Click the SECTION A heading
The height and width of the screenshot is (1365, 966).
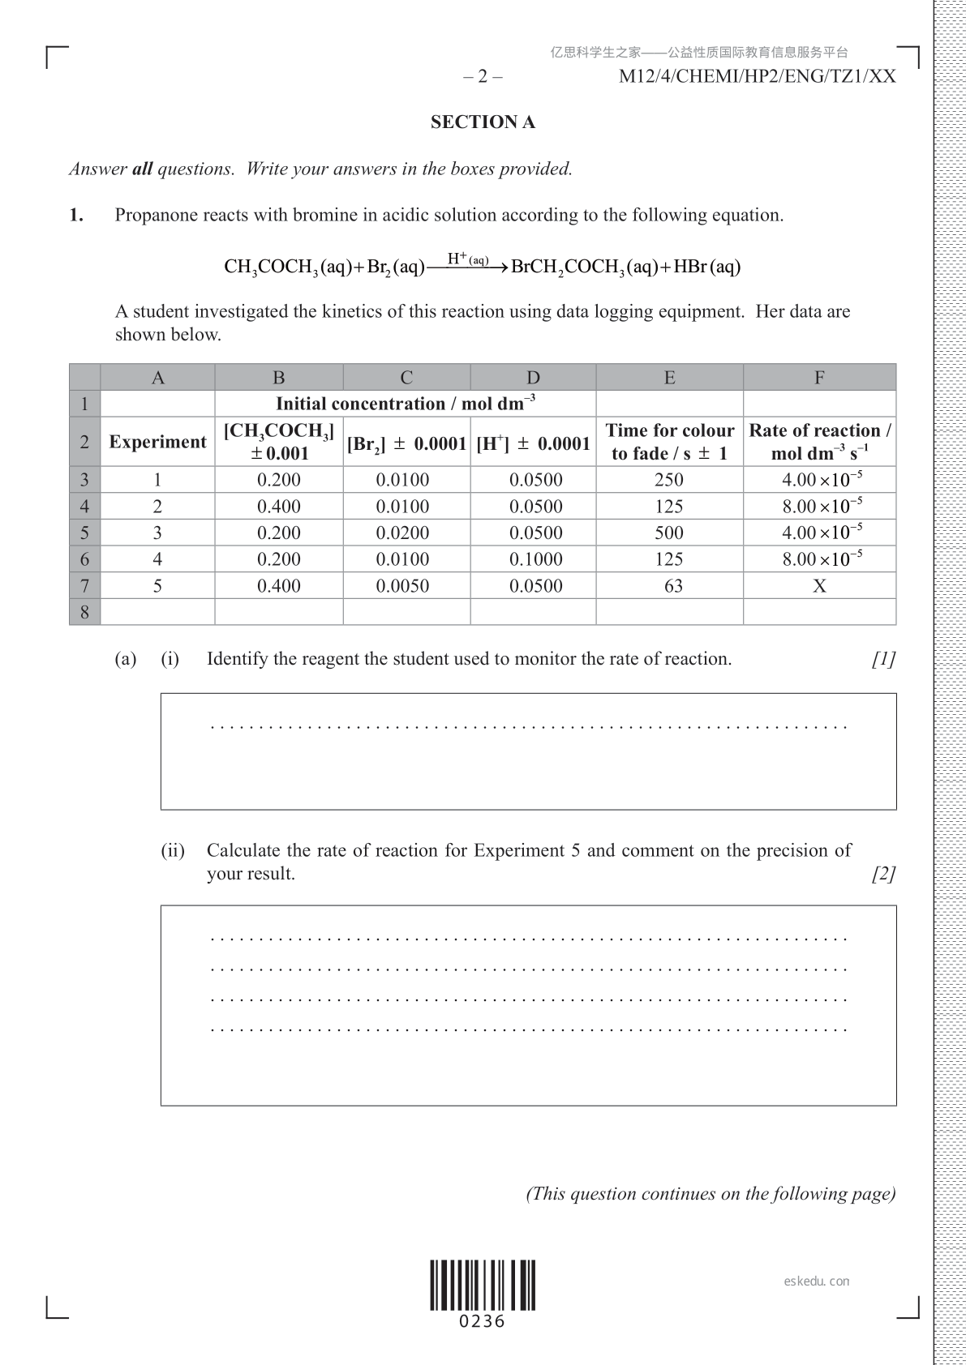click(483, 122)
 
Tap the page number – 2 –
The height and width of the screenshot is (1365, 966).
click(483, 77)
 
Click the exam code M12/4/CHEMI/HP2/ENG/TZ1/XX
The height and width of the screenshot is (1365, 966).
click(757, 77)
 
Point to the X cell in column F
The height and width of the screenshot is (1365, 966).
click(819, 586)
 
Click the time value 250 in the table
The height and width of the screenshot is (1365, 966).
click(669, 480)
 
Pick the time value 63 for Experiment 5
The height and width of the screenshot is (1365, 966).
click(673, 586)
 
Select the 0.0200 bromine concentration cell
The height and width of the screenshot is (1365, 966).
click(402, 533)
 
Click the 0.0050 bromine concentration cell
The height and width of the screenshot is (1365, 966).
click(402, 586)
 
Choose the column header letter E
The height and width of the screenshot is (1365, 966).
click(669, 378)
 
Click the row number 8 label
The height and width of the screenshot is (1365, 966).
click(84, 612)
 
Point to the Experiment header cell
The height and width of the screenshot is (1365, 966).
click(157, 442)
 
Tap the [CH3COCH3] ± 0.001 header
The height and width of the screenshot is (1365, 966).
click(279, 442)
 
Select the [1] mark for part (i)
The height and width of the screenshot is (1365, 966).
click(883, 659)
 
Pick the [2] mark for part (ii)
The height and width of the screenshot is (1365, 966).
click(883, 875)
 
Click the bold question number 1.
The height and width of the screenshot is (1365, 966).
click(76, 216)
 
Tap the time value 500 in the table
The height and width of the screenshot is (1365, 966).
click(669, 533)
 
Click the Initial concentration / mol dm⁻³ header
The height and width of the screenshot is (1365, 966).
click(406, 404)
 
